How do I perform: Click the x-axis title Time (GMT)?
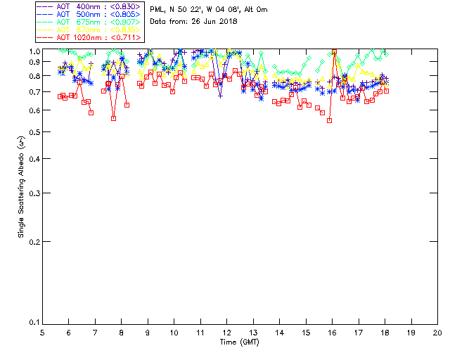[x=240, y=342]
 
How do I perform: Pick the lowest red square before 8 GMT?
[x=113, y=118]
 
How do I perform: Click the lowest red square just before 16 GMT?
[x=329, y=120]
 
